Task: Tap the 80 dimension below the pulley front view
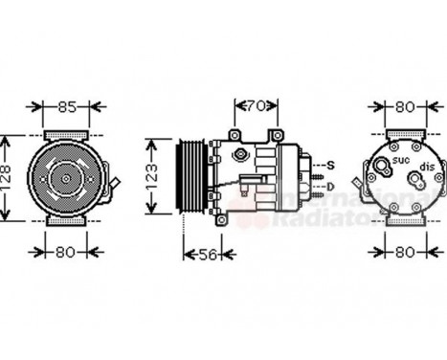[65, 254]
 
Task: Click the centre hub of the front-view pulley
[64, 177]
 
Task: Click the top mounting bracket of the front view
[63, 134]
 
